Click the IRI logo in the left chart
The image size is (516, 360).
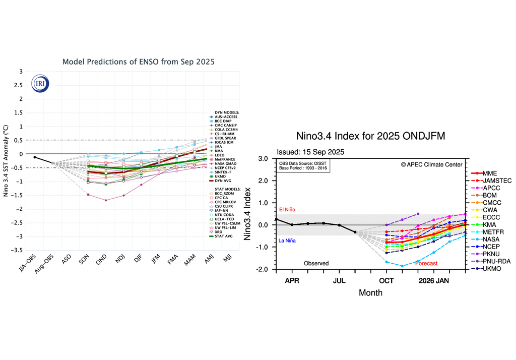pyautogui.click(x=40, y=83)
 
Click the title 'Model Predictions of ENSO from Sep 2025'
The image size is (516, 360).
pyautogui.click(x=138, y=62)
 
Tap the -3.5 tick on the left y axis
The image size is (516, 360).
pyautogui.click(x=17, y=250)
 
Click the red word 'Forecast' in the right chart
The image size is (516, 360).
pyautogui.click(x=426, y=263)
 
